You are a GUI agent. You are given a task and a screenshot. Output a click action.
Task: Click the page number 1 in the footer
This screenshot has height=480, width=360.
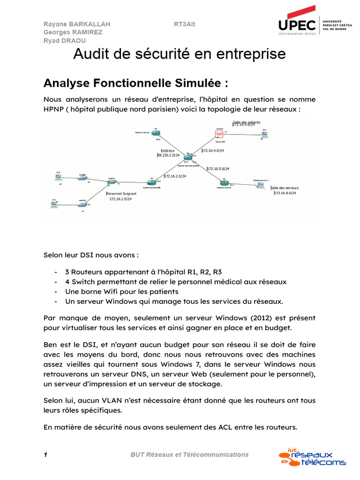click(x=45, y=454)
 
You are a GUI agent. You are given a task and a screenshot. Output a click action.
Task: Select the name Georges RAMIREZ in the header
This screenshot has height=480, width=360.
click(x=73, y=32)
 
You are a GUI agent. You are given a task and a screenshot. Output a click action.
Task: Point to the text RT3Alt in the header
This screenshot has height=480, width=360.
click(x=184, y=24)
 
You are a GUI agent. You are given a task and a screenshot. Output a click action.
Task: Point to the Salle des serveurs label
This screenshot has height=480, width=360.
click(x=285, y=187)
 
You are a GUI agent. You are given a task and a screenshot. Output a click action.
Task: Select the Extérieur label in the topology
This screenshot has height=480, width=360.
click(x=167, y=150)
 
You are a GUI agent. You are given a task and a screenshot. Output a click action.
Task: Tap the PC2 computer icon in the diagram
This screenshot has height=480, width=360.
click(x=59, y=177)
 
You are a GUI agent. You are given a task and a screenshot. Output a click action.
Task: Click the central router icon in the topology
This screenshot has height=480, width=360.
click(x=188, y=157)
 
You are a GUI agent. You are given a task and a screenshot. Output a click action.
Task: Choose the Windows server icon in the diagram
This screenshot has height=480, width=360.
click(x=260, y=185)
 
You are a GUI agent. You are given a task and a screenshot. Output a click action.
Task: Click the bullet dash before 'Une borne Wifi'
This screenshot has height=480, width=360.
click(x=56, y=292)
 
